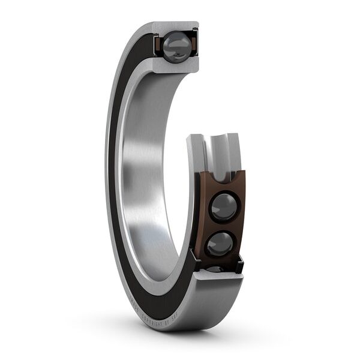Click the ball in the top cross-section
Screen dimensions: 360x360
177,45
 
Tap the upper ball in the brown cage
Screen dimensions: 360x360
224,206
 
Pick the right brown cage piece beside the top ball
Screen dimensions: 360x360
193,46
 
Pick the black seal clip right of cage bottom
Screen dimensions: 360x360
240,262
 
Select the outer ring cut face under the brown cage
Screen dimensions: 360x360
219,288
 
